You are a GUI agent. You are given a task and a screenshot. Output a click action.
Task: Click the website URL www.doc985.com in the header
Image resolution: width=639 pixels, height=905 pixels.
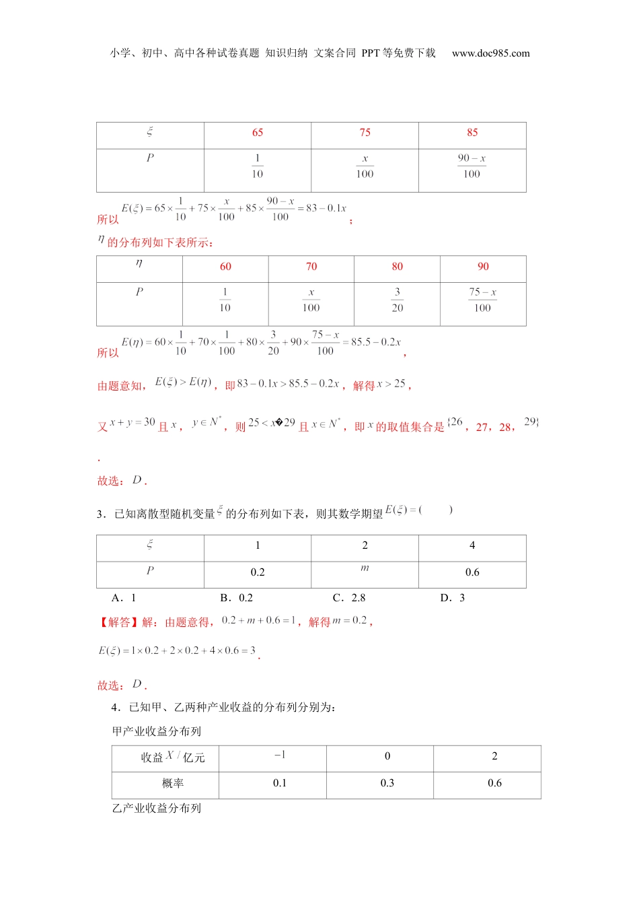click(x=490, y=53)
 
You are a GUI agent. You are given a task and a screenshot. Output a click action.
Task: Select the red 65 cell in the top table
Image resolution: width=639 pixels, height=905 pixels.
click(x=258, y=133)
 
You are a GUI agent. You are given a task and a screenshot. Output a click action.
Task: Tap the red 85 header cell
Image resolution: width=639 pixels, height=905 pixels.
click(x=472, y=133)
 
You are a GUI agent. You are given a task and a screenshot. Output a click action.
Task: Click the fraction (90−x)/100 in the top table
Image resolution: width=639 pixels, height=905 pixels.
click(x=472, y=166)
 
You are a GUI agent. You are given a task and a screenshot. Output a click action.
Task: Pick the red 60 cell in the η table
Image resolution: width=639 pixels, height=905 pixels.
click(x=225, y=267)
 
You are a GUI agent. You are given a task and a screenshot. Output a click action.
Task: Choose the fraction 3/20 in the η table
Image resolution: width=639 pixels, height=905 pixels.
click(x=398, y=300)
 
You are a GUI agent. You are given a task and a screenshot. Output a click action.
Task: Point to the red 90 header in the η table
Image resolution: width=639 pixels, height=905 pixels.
click(x=483, y=267)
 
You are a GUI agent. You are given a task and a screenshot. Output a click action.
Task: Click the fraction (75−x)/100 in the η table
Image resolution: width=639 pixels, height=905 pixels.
click(x=482, y=300)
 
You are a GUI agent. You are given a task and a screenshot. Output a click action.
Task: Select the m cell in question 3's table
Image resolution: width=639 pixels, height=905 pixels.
click(x=365, y=569)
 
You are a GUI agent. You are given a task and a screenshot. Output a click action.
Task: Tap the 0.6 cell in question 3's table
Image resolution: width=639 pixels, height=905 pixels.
click(x=472, y=572)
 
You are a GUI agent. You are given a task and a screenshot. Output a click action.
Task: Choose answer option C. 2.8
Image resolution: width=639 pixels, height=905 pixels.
click(x=349, y=598)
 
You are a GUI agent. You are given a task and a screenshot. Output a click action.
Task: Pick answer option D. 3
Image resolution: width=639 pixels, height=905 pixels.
click(x=453, y=598)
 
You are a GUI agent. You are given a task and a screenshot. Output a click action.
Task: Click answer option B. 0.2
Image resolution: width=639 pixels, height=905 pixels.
click(x=237, y=598)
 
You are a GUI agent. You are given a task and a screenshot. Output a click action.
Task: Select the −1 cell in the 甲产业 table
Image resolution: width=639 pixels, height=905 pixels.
click(x=280, y=756)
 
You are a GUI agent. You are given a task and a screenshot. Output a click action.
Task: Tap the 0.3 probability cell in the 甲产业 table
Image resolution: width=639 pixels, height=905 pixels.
click(x=387, y=783)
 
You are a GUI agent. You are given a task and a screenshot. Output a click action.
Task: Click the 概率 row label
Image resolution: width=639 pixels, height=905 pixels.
click(x=173, y=784)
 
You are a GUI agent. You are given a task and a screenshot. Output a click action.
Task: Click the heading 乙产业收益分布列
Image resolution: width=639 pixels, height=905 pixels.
click(x=157, y=809)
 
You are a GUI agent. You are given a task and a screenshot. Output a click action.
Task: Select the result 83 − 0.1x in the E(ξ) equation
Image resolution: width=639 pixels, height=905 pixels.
click(x=326, y=209)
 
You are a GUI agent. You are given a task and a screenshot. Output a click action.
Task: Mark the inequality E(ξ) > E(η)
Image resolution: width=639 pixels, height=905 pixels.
click(x=183, y=382)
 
